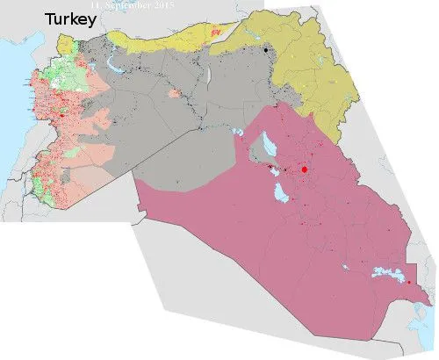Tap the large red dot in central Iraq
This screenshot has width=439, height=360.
tap(305, 169)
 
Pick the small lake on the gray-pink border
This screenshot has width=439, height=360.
tap(238, 132)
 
